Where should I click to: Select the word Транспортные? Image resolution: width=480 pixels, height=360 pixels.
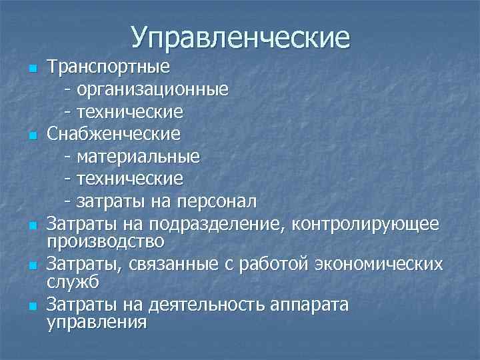pos(109,67)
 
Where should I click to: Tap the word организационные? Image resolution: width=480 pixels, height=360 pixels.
pos(153,89)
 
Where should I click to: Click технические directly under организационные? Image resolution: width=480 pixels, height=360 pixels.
pos(129,111)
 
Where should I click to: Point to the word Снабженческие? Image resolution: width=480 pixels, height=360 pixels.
pos(113,134)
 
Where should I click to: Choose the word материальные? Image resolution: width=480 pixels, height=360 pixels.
pos(137,157)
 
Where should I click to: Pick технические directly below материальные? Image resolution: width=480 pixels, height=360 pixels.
pos(129,179)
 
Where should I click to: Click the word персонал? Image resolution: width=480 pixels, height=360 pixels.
pos(214,201)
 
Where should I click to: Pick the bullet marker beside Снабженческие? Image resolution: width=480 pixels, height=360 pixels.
pos(31,135)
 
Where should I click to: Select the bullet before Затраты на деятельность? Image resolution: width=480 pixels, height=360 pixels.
pos(31,307)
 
